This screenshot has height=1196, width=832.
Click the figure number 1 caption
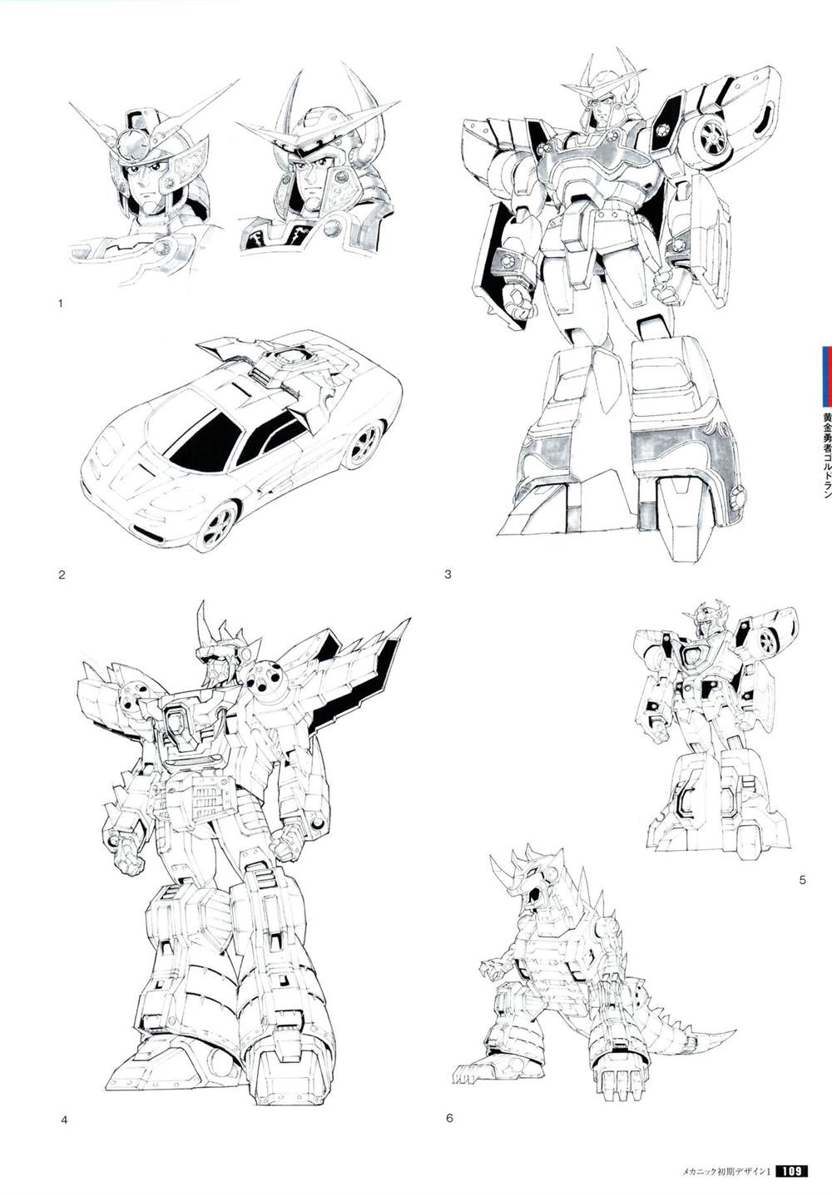61,304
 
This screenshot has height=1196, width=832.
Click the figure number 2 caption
62,575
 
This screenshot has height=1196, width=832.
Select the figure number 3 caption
448,575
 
